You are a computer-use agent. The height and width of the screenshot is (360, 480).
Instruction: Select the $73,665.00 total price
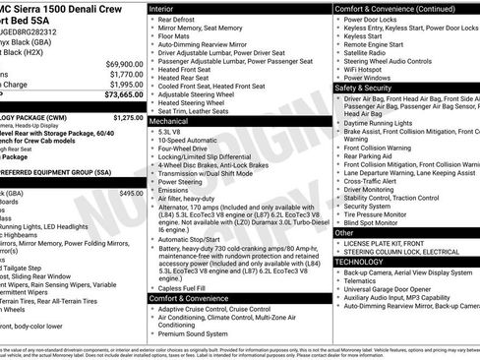123,95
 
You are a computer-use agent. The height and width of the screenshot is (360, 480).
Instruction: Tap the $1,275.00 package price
128,117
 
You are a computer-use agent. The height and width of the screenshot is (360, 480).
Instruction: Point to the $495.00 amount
131,193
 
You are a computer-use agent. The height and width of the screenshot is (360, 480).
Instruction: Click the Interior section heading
162,8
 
